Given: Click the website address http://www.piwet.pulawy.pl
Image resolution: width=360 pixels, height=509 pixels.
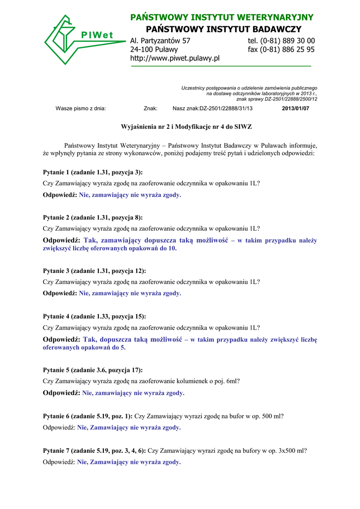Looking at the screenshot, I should (x=175, y=59).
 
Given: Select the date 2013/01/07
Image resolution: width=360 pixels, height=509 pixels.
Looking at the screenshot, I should (x=295, y=108).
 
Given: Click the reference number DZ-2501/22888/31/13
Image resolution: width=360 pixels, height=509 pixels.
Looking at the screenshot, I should (x=226, y=108).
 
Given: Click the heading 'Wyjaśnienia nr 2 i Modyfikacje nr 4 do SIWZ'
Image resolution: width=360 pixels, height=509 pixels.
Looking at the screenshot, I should (x=180, y=127).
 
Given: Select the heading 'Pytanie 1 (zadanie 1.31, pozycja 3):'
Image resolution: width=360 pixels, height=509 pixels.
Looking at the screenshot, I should (x=92, y=172).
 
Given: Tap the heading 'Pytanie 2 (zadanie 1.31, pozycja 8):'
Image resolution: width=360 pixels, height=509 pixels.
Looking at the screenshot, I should (x=92, y=218).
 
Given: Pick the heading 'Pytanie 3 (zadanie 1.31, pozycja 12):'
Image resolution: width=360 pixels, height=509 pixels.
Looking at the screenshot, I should (x=94, y=271).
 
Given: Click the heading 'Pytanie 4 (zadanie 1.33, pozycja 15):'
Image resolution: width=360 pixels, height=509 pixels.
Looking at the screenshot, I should (x=94, y=316).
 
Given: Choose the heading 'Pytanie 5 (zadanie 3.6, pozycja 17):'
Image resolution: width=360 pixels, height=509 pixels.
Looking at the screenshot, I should (x=92, y=370).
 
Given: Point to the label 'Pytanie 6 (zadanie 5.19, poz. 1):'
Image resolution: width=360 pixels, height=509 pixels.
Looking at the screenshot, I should (x=88, y=416).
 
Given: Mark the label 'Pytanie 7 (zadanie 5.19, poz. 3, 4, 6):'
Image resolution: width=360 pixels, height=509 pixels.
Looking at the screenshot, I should (x=94, y=451).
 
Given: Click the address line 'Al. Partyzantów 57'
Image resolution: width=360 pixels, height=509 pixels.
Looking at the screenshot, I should (x=160, y=41).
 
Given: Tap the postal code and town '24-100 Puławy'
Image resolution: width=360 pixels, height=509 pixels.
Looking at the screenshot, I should (x=154, y=50).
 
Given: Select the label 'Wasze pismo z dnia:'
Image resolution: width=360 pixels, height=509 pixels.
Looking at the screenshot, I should (x=81, y=108).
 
